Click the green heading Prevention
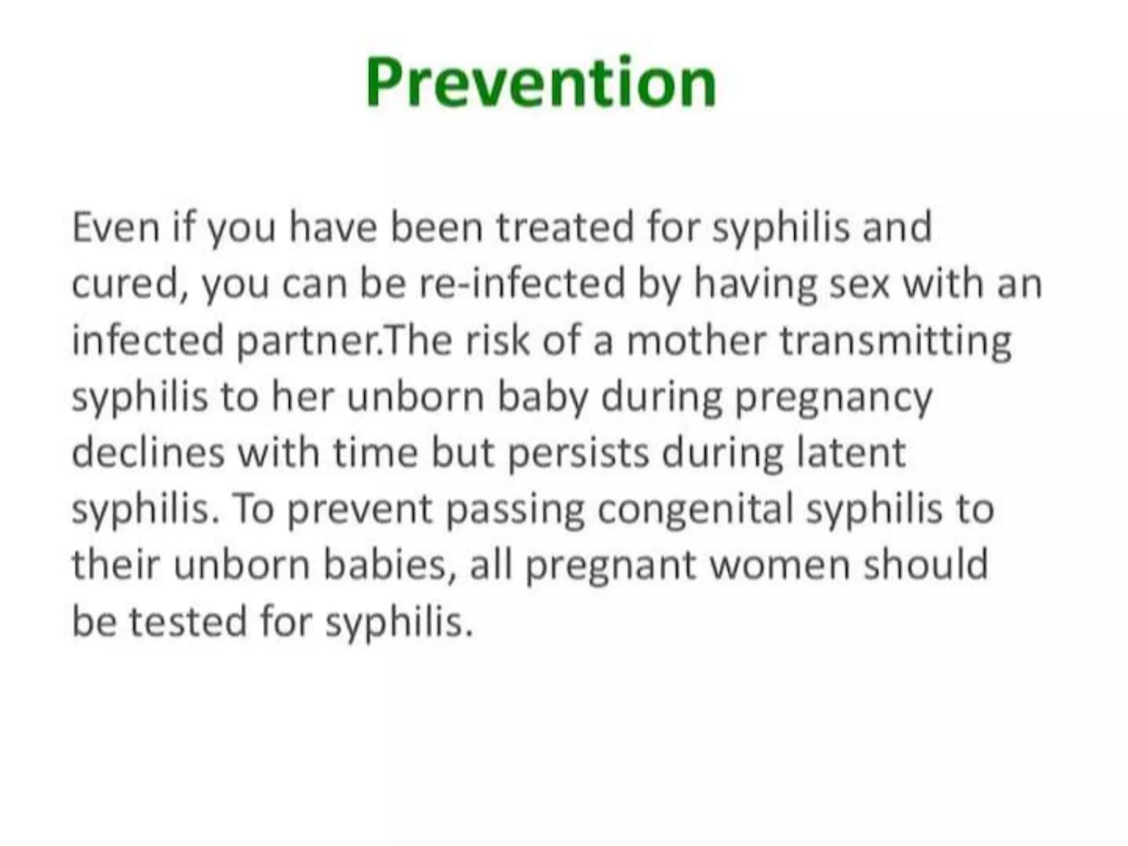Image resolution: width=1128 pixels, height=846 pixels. [x=541, y=83]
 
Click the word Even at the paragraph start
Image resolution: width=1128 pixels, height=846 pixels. [x=116, y=227]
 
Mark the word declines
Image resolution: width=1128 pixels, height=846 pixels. [x=148, y=453]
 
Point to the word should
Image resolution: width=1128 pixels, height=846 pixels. [x=926, y=565]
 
